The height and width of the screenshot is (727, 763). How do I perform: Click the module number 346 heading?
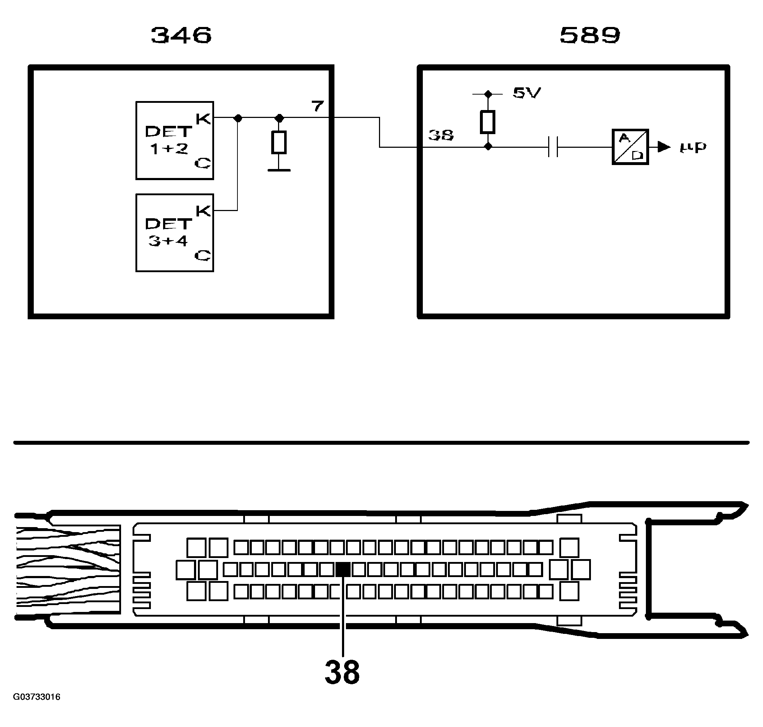coord(181,35)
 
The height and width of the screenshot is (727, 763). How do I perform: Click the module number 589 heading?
coord(590,35)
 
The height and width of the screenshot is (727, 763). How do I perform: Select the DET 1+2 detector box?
coord(175,141)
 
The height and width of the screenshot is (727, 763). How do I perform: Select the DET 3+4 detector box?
coord(175,233)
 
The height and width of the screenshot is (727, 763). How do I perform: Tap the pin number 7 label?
coord(318,106)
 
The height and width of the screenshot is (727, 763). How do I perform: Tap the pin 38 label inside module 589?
coord(441,135)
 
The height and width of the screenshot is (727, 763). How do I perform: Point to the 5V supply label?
coord(527,93)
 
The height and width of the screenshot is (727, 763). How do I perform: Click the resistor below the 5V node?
coord(488,122)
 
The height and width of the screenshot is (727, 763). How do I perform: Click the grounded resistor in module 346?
coord(279,142)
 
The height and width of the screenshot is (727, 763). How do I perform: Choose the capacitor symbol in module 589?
coord(553,147)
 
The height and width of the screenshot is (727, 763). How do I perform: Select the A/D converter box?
coord(630,147)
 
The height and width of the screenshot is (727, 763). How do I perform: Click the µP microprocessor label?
coord(693,147)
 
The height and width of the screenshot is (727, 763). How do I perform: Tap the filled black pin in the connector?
coord(343,569)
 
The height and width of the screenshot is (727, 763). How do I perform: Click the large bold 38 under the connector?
coord(342,672)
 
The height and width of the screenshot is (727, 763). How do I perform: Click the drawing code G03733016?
coord(37,697)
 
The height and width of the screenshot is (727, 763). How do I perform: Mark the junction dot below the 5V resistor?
coord(488,147)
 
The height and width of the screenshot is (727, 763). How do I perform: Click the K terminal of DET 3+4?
coord(203,211)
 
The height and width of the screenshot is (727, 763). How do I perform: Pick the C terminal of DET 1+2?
coord(203,163)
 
